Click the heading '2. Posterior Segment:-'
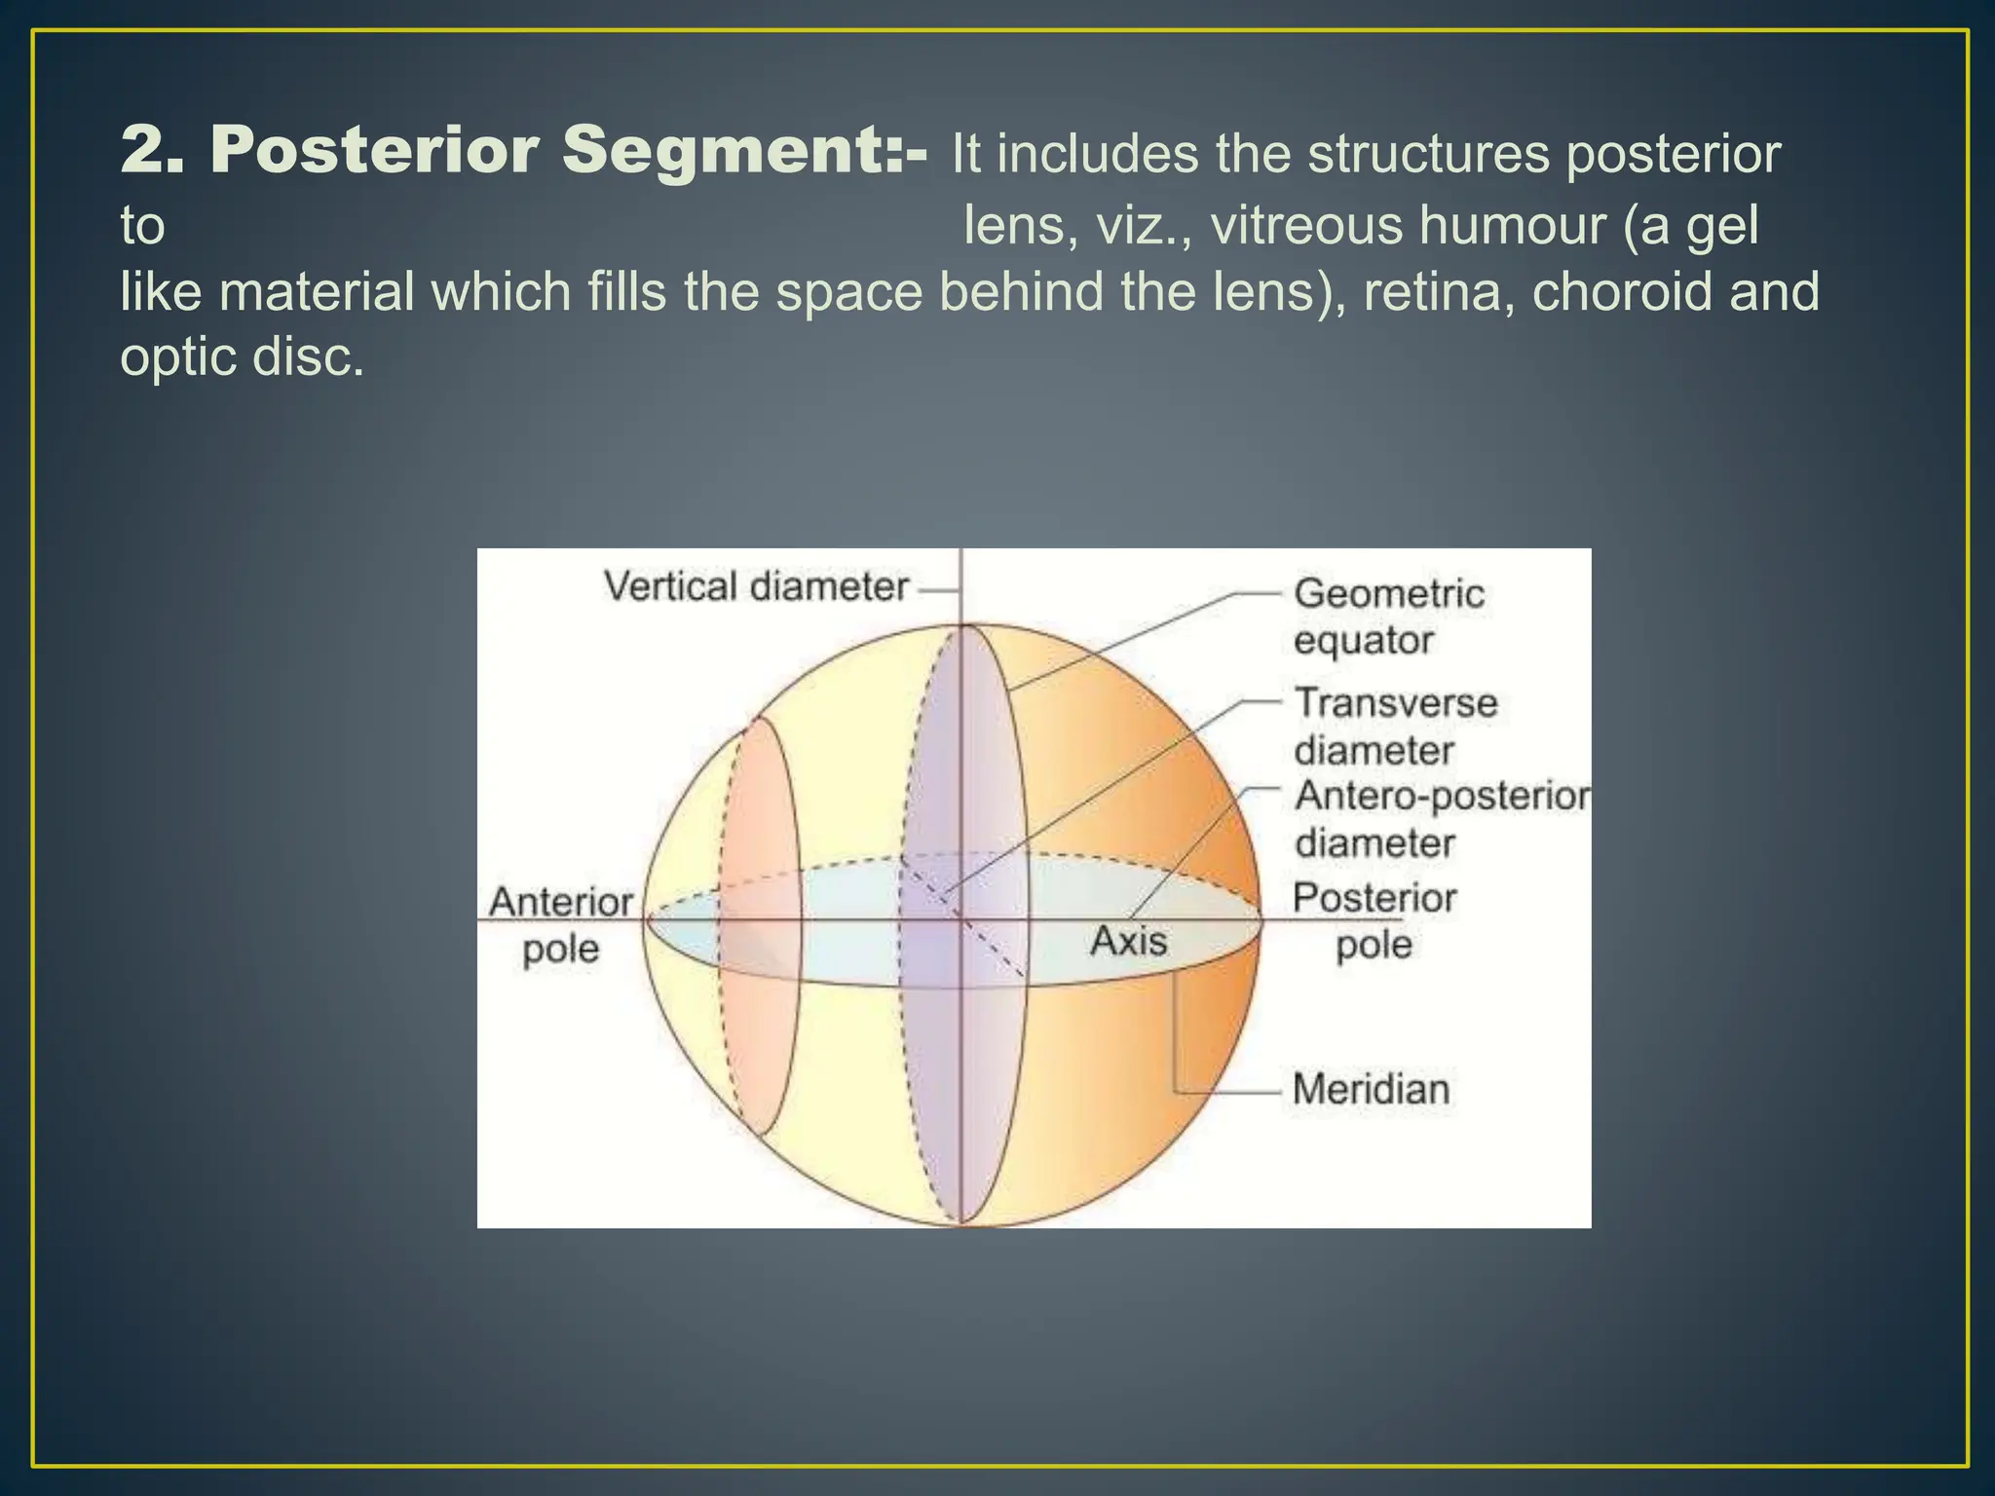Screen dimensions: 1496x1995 tap(524, 153)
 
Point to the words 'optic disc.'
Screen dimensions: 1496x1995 tap(242, 357)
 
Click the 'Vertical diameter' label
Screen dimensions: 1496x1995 tap(756, 587)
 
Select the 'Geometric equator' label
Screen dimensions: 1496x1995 tap(1388, 617)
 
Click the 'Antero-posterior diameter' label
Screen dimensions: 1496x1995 tap(1440, 819)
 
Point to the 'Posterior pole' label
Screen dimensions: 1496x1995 tap(1374, 920)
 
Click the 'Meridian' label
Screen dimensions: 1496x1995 tap(1371, 1089)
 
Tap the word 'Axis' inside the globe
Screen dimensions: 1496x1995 tap(1128, 941)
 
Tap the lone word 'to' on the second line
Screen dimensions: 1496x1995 tap(142, 226)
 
